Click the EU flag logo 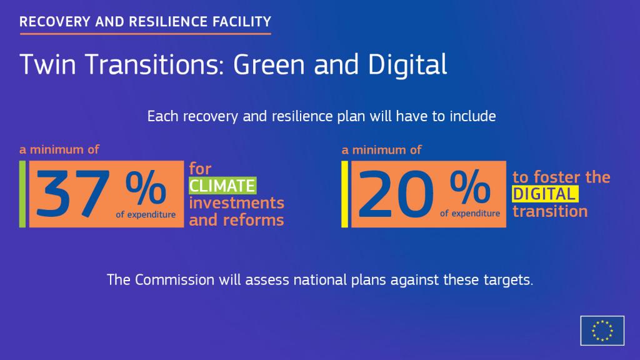602,331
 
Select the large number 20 396,194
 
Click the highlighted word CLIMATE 222,186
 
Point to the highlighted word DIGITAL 545,194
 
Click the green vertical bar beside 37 22,194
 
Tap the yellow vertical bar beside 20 344,194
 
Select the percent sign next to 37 146,187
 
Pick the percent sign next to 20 470,187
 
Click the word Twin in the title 47,64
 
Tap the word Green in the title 269,64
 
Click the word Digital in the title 407,65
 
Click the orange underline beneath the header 145,34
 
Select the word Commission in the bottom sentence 175,280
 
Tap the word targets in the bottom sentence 508,281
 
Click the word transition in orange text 550,211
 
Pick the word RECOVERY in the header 55,22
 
